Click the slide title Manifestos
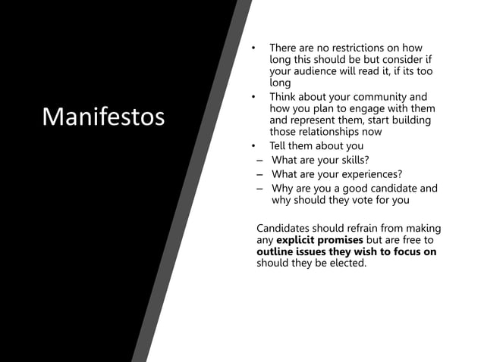pos(104,117)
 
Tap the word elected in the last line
pos(347,263)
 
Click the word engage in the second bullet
pos(363,108)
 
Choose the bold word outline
pos(277,251)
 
